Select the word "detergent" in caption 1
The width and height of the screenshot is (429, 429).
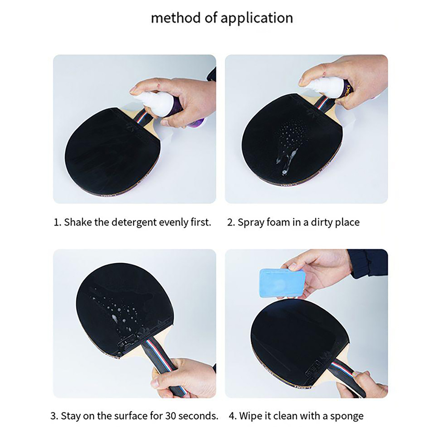pyautogui.click(x=134, y=222)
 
